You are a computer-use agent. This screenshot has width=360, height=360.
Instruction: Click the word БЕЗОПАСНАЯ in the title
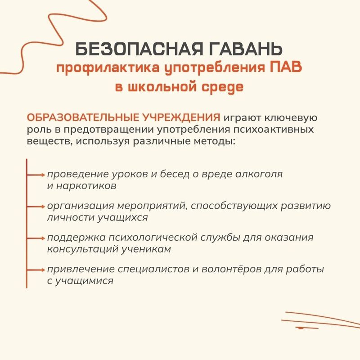tap(139, 49)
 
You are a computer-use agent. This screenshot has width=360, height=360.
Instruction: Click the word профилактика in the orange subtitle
tap(108, 68)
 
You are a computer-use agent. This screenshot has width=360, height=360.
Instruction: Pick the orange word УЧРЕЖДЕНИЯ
tap(181, 117)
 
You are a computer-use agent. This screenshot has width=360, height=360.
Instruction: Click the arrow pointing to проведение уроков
tap(36, 175)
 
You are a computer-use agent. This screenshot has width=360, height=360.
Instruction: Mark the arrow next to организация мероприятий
tap(36, 207)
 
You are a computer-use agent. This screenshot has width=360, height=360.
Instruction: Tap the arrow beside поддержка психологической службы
tap(36, 238)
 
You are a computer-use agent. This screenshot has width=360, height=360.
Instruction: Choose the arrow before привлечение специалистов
tap(36, 270)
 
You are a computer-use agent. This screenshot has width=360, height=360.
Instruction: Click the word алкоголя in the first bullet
tap(259, 175)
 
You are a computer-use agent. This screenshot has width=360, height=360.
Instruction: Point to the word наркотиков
tap(86, 186)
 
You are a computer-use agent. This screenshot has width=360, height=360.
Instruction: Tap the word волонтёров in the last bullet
tap(231, 269)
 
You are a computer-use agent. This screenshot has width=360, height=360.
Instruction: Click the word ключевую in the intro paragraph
tap(291, 118)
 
